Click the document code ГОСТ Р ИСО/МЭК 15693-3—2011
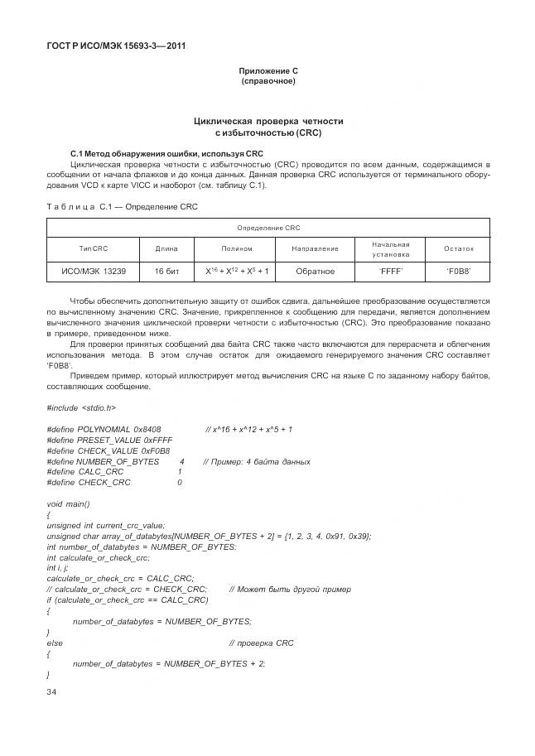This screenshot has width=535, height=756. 115,46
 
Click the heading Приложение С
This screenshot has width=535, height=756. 267,71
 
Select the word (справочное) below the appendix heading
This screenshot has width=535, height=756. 267,82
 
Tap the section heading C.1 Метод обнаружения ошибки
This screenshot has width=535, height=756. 155,154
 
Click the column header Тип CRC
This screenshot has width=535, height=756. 94,248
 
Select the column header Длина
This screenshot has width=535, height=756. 166,248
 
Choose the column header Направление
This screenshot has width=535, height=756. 316,248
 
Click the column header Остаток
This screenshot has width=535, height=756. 458,248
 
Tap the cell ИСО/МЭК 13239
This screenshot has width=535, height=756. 94,272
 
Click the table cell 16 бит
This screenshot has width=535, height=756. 166,272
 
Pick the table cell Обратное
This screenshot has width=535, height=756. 316,272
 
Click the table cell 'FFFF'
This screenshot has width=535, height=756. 390,272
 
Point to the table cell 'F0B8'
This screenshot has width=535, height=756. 458,272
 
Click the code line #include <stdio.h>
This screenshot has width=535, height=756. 81,407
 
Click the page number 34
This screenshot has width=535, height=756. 53,691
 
